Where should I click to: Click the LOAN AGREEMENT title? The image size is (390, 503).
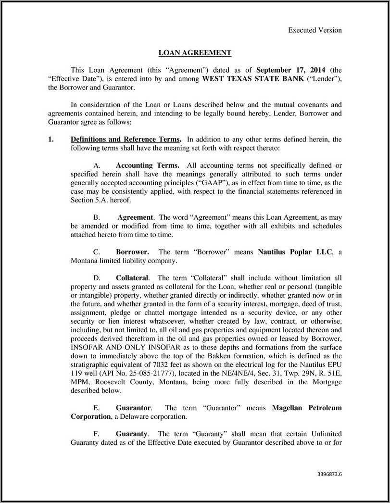(x=195, y=53)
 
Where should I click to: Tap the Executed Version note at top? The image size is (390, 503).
(x=315, y=30)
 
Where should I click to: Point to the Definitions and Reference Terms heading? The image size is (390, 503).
(x=126, y=139)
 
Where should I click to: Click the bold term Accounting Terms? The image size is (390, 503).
(x=148, y=165)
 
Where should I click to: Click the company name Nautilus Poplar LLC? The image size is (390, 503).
(x=295, y=252)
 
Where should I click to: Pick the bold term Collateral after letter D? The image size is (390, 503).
(x=133, y=278)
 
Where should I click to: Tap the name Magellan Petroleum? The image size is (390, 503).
(x=307, y=408)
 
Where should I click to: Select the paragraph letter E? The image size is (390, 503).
(x=96, y=408)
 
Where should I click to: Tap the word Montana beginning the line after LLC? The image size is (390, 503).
(x=63, y=261)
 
